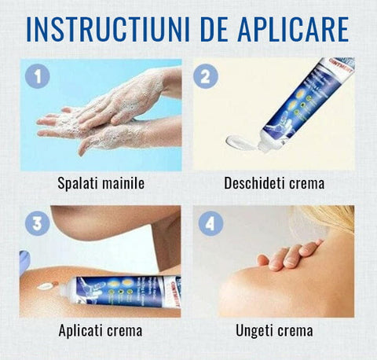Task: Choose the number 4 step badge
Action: click(207, 223)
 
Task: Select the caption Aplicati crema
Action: click(101, 331)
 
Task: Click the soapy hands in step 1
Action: click(110, 114)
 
